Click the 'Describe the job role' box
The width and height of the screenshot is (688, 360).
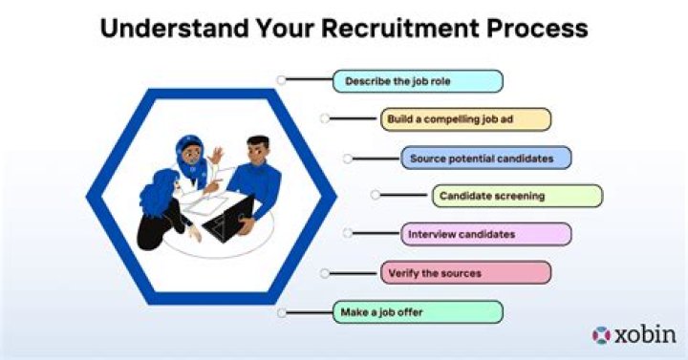click(x=418, y=81)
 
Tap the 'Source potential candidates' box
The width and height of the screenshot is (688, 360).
click(x=485, y=158)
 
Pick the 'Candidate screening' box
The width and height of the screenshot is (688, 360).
click(x=517, y=196)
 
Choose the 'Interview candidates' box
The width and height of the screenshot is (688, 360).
click(x=485, y=234)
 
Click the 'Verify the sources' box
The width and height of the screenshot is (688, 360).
click(x=465, y=273)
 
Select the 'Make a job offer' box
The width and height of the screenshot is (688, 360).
click(x=418, y=311)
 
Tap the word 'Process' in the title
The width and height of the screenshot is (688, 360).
click(x=532, y=28)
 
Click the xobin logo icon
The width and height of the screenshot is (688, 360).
click(x=601, y=335)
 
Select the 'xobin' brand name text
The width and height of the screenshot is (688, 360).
click(x=644, y=335)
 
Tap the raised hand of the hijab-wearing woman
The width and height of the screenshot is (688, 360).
click(x=218, y=153)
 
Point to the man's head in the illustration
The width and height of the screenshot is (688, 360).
click(x=256, y=150)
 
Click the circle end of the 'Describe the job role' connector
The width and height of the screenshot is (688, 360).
click(x=281, y=80)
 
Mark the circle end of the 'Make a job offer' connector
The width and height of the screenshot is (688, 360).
click(x=281, y=312)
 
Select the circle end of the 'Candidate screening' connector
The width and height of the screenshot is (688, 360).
click(x=376, y=196)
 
